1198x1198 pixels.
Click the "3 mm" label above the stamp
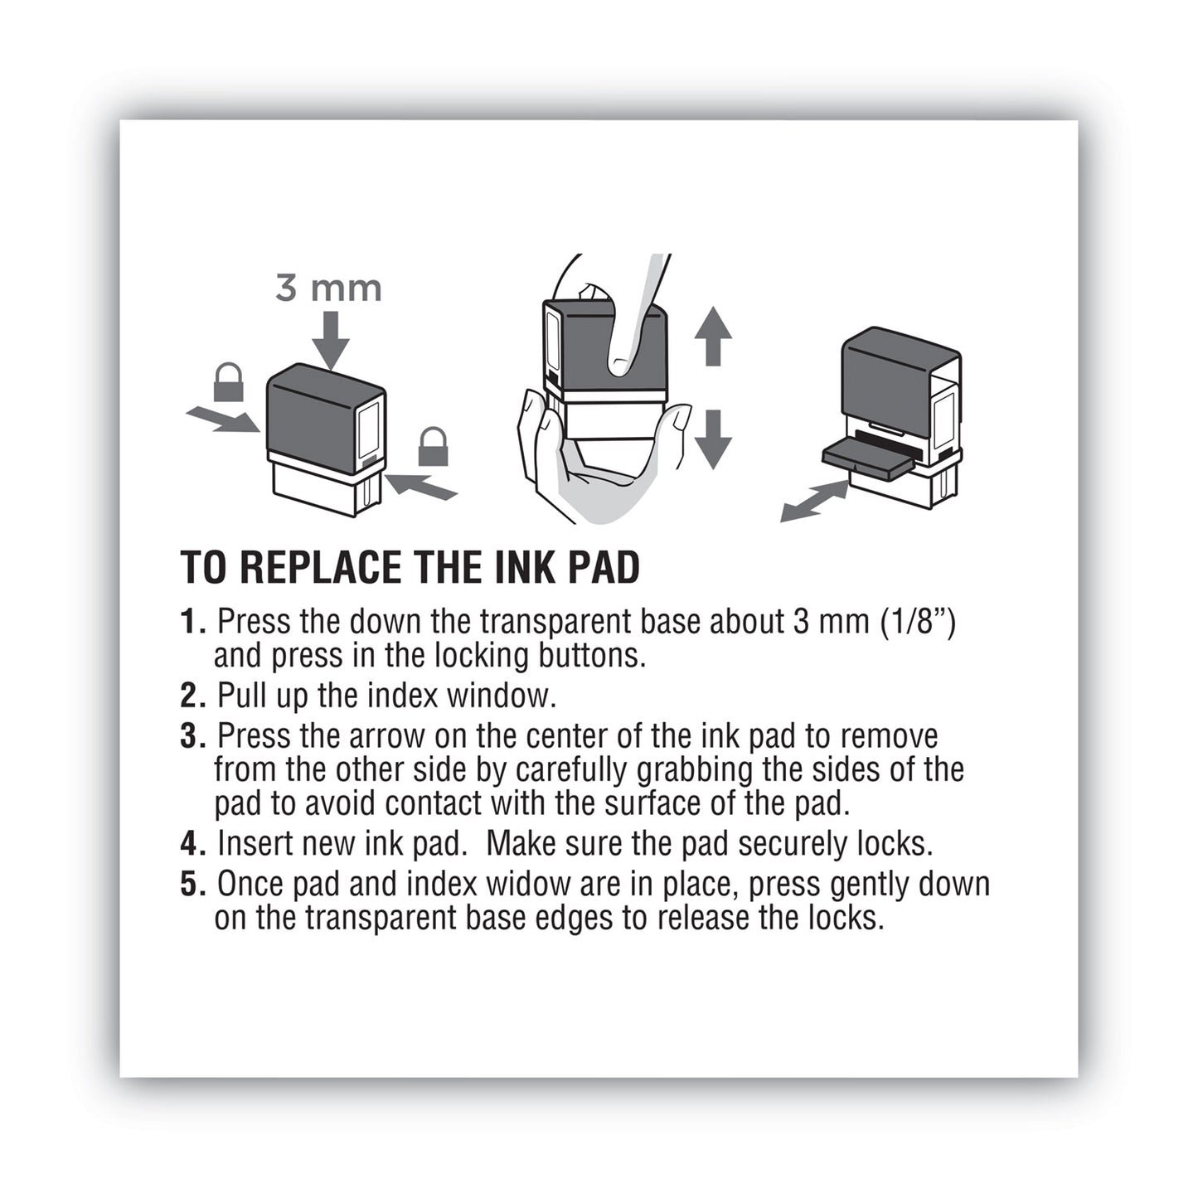click(328, 289)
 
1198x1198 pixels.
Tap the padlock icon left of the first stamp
click(229, 383)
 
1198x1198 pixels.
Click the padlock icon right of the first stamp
click(433, 447)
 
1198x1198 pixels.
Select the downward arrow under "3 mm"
click(331, 340)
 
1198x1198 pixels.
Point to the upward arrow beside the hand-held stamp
click(712, 336)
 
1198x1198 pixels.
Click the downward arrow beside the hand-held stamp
click(712, 439)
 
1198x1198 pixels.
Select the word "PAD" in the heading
click(604, 568)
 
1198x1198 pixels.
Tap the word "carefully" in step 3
click(572, 770)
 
